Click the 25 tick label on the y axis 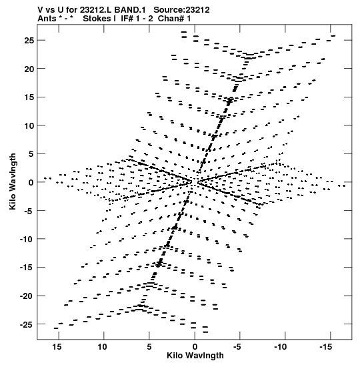29,41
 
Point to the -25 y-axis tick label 27,324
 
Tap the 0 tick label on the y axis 31,183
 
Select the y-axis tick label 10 29,125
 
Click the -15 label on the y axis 27,268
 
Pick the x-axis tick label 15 57,347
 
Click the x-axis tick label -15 325,347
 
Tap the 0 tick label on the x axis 195,347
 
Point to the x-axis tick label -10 280,347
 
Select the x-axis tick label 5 149,347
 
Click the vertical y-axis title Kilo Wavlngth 13,181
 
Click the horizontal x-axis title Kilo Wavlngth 195,356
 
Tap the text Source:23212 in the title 181,10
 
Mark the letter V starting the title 40,10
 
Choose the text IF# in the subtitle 127,19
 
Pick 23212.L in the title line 96,10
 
